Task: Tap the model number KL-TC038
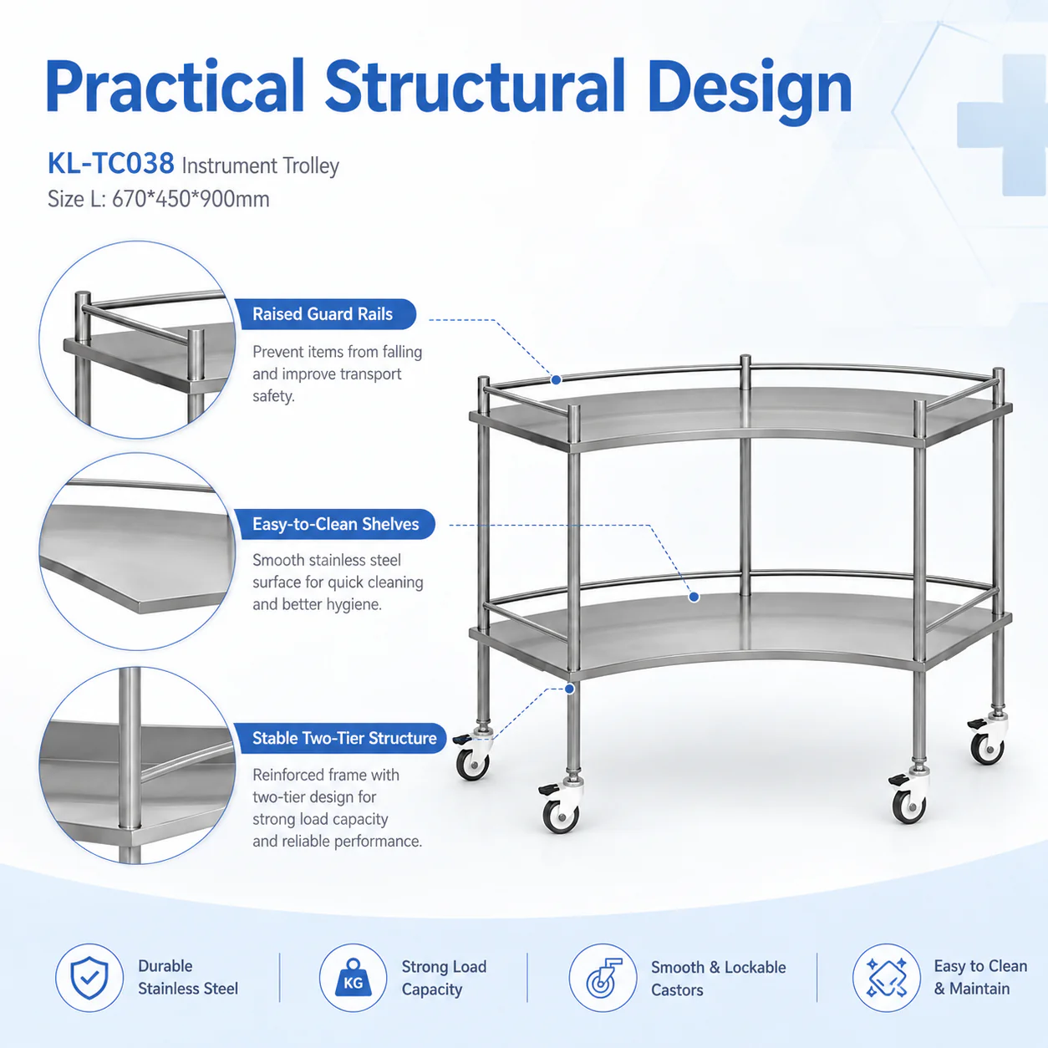[x=111, y=163]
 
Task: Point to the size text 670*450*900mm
[x=191, y=199]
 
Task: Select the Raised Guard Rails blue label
[x=325, y=313]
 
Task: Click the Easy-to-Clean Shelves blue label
[x=334, y=524]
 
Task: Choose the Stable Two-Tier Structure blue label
[x=340, y=738]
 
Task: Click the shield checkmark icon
[x=89, y=978]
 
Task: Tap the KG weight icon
[x=353, y=978]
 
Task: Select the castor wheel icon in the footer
[x=603, y=978]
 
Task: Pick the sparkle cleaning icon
[x=887, y=978]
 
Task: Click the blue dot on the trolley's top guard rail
[x=556, y=379]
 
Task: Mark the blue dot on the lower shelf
[x=694, y=597]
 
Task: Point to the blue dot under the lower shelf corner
[x=570, y=689]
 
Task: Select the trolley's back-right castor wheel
[x=987, y=748]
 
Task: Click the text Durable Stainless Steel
[x=188, y=977]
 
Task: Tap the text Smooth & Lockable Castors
[x=719, y=979]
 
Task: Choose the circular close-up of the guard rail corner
[x=137, y=340]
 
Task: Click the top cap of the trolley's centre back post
[x=745, y=359]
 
